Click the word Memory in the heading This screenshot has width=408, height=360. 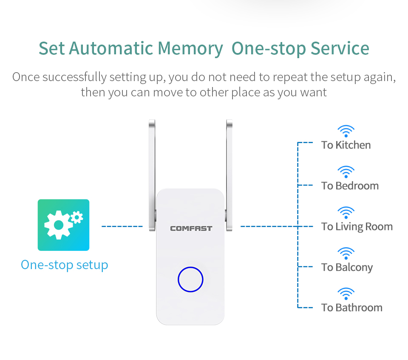190,48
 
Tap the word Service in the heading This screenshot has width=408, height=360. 340,48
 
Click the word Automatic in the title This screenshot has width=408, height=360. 111,48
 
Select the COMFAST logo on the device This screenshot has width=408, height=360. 191,228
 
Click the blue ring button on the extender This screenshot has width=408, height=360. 190,267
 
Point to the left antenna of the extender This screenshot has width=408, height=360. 152,175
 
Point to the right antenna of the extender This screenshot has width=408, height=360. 229,175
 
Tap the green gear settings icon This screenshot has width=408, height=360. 63,225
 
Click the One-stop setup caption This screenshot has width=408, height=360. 64,265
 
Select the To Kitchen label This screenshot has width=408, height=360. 346,145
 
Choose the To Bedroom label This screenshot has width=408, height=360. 350,186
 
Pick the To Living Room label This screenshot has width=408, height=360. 357,227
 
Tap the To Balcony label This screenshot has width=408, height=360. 347,267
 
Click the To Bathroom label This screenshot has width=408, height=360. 352,308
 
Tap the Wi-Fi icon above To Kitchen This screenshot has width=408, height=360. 346,131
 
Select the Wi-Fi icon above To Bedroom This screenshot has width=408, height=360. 346,172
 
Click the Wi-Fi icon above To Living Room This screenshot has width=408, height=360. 346,213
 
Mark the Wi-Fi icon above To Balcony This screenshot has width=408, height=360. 346,253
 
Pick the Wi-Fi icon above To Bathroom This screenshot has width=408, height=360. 346,294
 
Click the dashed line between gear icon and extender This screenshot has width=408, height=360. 122,226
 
